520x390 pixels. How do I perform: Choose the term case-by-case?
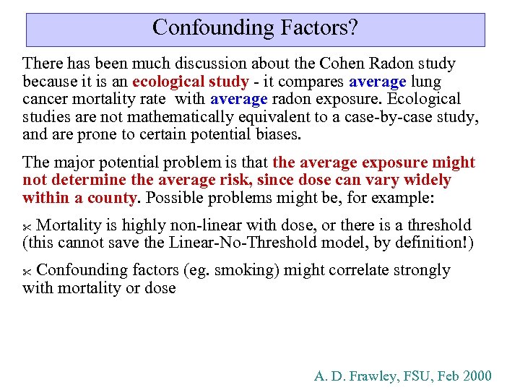[x=387, y=117]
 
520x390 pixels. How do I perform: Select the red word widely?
[x=427, y=180]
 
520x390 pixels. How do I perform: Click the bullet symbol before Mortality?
[x=27, y=227]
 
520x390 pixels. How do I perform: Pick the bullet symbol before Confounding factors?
[x=27, y=272]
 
